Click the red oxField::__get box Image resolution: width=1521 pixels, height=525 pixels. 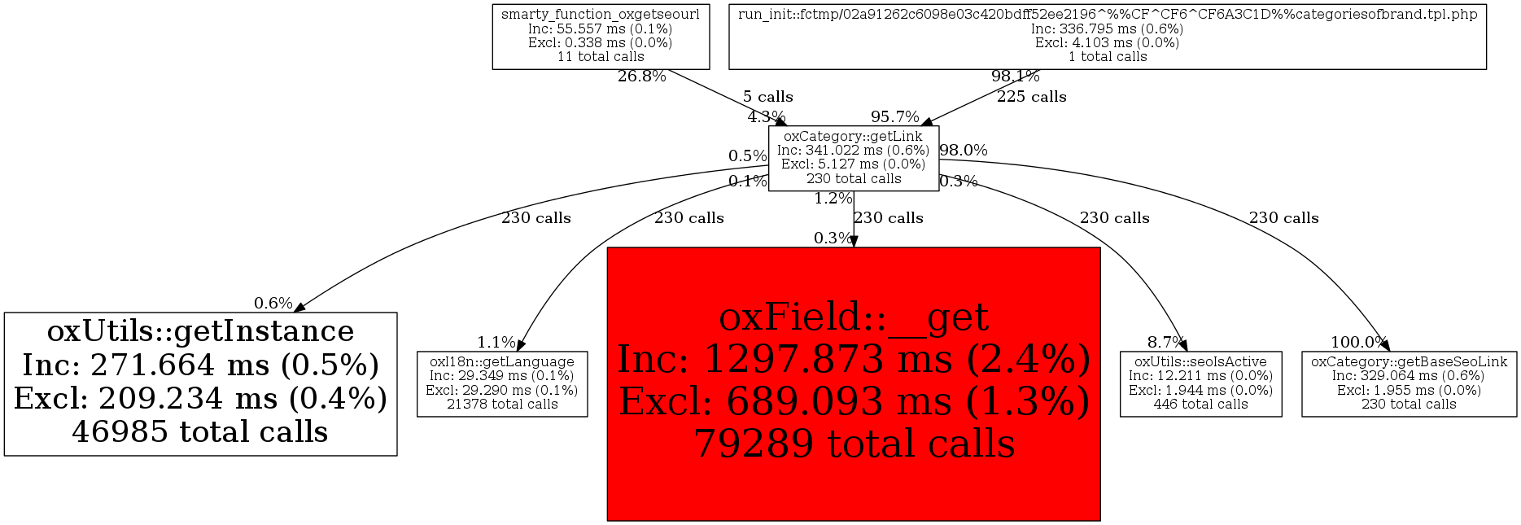(x=854, y=383)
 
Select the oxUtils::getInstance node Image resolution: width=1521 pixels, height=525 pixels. (x=200, y=383)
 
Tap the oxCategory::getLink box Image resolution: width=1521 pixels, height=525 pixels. (x=854, y=158)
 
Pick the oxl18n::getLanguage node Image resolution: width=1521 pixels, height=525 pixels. (x=502, y=383)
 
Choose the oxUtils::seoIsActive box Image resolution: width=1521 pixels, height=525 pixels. (x=1200, y=383)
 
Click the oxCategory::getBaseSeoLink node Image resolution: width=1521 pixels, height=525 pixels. (x=1409, y=383)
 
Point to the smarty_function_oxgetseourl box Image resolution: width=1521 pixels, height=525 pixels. (x=601, y=36)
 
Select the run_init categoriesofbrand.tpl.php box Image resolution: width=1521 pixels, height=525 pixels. (x=1108, y=36)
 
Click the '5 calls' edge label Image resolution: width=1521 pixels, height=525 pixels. (x=767, y=97)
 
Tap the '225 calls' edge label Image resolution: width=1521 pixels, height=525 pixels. (x=1032, y=97)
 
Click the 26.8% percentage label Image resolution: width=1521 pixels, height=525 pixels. (x=642, y=77)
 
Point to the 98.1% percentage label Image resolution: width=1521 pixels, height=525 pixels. (x=1016, y=77)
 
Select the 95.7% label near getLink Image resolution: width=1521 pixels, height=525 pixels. (x=895, y=117)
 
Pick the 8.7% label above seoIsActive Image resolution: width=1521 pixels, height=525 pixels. (x=1166, y=342)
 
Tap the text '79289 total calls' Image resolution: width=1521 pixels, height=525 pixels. (x=854, y=444)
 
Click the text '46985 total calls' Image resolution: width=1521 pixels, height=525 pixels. (x=200, y=432)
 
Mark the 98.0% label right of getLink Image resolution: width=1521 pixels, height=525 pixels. (x=964, y=151)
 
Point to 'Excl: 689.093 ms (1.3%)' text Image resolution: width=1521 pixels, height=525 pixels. (x=854, y=401)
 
